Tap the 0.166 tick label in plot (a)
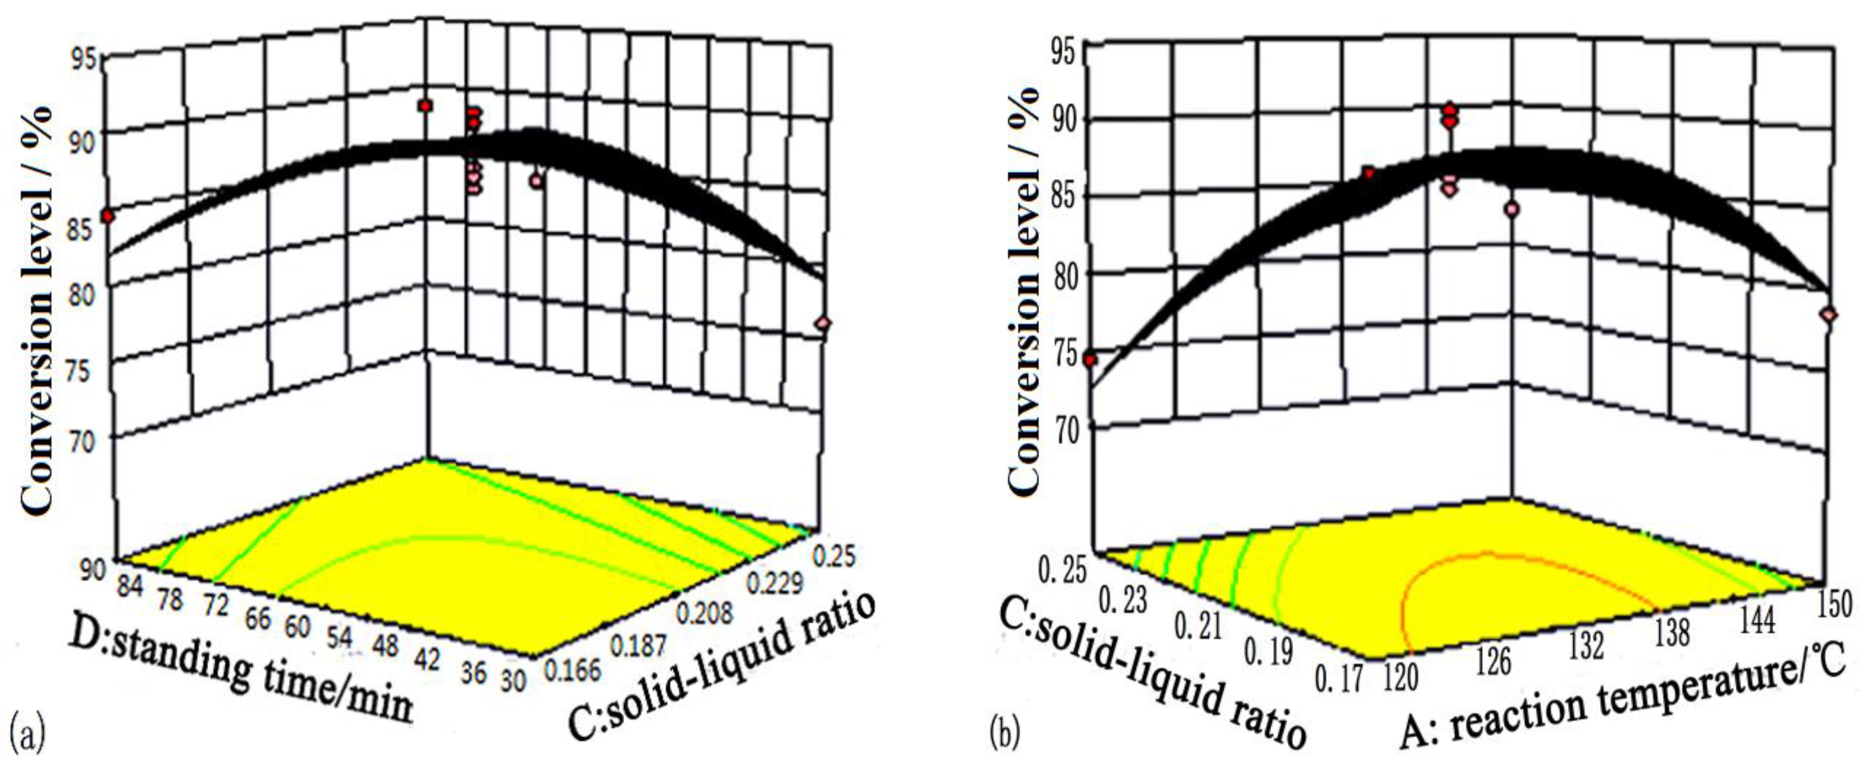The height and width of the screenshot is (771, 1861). [572, 670]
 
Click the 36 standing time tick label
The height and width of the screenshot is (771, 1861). [473, 672]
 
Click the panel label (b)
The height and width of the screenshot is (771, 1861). [1005, 733]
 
